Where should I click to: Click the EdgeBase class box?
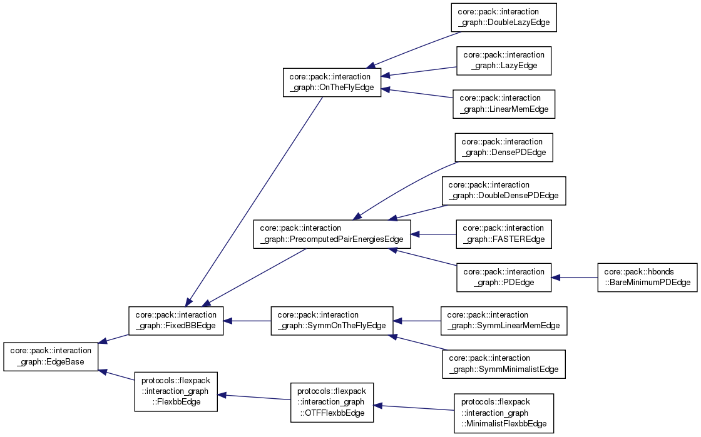click(x=51, y=356)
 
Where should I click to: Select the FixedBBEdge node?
click(x=176, y=321)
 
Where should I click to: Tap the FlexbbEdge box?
click(x=176, y=391)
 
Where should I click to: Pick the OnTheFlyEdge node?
click(x=332, y=82)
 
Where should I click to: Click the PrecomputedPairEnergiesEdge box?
click(x=332, y=234)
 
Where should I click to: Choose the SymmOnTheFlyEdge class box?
click(x=332, y=321)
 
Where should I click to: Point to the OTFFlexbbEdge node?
click(x=332, y=402)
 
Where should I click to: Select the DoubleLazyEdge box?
click(x=504, y=17)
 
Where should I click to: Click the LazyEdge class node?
click(x=504, y=61)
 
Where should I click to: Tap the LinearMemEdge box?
click(x=504, y=104)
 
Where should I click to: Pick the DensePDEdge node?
click(x=504, y=147)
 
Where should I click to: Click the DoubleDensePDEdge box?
click(x=504, y=191)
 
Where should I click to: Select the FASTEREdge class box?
click(x=504, y=234)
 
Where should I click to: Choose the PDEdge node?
click(x=504, y=278)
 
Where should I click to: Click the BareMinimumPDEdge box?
click(x=647, y=278)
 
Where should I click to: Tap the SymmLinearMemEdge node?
click(x=504, y=321)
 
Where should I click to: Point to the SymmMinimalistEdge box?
click(x=504, y=364)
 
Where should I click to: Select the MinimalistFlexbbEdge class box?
click(x=504, y=413)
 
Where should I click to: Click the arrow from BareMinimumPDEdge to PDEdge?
click(x=575, y=278)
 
